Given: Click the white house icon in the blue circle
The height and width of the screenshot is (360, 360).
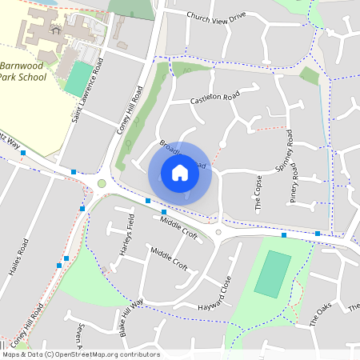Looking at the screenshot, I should (180, 173).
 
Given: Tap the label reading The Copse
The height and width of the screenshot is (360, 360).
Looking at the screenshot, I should (258, 193).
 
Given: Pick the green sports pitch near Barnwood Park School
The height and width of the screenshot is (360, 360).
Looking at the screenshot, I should (78, 80).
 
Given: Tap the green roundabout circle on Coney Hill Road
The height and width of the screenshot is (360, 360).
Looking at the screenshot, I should (102, 184).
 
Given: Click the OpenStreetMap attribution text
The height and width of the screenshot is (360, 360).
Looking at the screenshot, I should (80, 354).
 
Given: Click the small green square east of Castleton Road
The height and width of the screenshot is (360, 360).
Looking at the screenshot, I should (309, 75).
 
